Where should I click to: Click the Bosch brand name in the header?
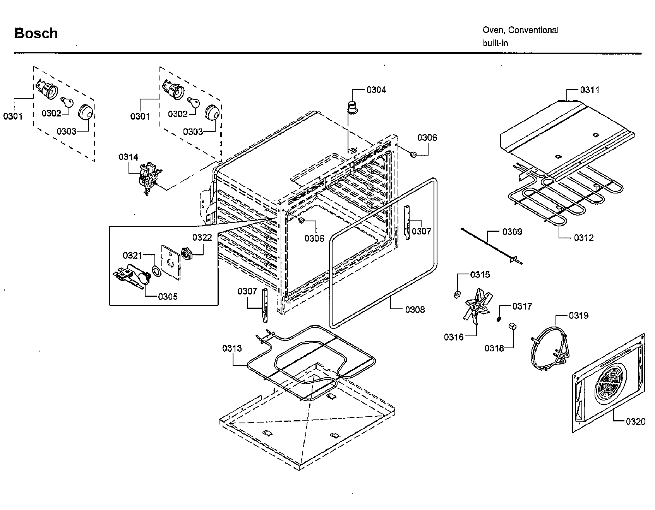(36, 34)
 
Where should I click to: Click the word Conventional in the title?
(533, 30)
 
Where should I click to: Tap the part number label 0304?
(376, 90)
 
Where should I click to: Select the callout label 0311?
(589, 90)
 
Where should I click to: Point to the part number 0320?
(635, 421)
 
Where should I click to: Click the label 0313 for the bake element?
(232, 348)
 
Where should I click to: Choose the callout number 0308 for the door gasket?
(415, 309)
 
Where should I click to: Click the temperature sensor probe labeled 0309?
(492, 246)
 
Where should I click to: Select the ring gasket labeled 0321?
(156, 271)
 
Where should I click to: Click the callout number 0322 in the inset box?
(202, 238)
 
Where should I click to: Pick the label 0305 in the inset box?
(168, 297)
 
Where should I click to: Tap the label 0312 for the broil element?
(584, 238)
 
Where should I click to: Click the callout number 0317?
(522, 306)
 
